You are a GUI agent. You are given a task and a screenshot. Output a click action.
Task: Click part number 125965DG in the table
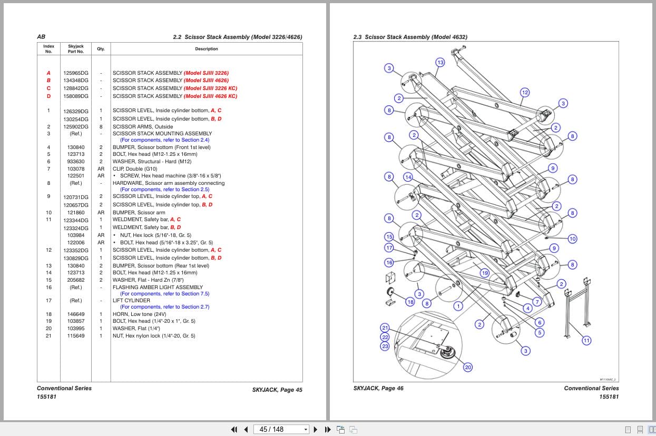76,73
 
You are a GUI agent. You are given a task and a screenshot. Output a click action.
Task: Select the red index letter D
48,96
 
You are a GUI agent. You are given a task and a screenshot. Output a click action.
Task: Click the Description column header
207,49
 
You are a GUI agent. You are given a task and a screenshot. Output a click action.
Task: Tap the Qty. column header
101,49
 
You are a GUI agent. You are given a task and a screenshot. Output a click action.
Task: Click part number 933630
76,162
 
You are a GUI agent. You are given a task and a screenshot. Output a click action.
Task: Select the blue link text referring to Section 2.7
164,306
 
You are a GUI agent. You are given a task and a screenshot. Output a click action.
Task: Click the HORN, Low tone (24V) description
140,314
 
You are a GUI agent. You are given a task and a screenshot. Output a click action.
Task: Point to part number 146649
76,314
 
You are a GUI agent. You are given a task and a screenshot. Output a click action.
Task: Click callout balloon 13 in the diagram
440,62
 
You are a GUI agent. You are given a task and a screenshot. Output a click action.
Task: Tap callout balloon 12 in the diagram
525,93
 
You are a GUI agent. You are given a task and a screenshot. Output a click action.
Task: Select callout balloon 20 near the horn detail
468,367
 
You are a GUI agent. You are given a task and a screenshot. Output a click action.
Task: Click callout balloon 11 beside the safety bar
586,340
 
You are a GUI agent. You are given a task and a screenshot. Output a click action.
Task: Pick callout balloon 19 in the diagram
485,273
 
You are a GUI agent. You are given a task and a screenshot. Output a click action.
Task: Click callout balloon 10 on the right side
573,239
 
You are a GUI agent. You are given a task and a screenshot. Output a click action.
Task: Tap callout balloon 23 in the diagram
385,346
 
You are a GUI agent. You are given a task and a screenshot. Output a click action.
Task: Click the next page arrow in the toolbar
316,429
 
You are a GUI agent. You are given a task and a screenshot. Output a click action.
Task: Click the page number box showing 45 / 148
281,429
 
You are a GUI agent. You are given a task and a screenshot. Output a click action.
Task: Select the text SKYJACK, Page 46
378,388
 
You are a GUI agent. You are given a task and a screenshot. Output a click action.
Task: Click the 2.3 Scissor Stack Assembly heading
410,37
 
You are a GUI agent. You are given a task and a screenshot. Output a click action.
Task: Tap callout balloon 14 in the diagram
408,177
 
